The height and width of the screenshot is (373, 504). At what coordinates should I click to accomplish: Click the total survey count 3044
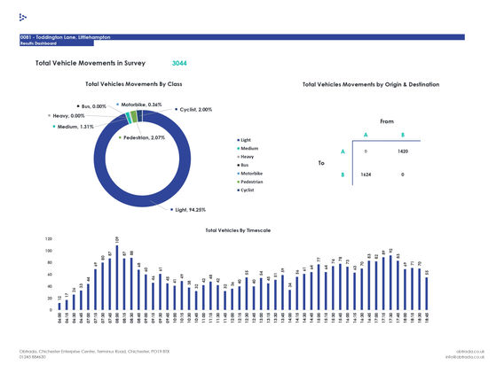(179, 64)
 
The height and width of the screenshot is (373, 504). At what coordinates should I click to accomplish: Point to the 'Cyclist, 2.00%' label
(193, 110)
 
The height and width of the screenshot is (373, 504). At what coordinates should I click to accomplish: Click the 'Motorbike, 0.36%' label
(139, 104)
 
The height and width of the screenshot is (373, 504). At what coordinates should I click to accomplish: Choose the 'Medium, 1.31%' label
(75, 127)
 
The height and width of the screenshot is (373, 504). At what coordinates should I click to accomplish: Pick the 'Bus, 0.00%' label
(92, 106)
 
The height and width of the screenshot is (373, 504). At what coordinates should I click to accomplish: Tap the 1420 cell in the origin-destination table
(402, 152)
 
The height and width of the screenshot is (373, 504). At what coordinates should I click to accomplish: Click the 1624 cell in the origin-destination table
(365, 175)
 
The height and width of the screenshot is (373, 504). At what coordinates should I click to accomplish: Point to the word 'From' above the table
(386, 120)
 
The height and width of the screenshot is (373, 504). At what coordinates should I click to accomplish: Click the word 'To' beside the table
(321, 163)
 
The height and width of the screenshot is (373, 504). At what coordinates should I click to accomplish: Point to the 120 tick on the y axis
(49, 239)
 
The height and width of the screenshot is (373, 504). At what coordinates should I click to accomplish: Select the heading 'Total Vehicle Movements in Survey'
(89, 64)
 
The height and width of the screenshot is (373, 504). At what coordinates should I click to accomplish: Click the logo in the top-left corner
(23, 17)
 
